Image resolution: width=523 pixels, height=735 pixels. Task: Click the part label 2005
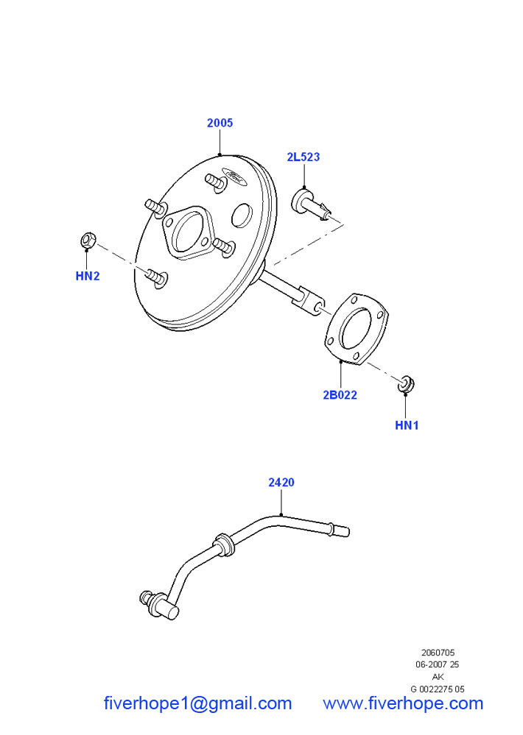click(x=220, y=123)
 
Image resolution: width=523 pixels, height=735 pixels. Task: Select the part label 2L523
click(x=303, y=157)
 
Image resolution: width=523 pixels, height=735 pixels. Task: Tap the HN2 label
click(x=87, y=277)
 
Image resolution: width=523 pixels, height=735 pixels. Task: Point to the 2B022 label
click(x=340, y=394)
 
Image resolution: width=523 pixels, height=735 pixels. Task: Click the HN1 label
click(x=407, y=425)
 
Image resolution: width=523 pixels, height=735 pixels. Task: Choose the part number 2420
click(x=281, y=483)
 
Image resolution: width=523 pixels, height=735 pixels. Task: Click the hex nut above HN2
click(x=86, y=240)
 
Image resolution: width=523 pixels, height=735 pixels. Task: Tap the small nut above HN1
click(x=405, y=383)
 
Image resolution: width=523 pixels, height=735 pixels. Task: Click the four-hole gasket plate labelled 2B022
click(x=359, y=328)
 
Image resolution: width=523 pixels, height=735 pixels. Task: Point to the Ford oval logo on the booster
click(x=236, y=177)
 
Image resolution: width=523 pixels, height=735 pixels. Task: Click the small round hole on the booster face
click(x=242, y=216)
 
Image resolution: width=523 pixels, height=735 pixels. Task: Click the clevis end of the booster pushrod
click(x=313, y=303)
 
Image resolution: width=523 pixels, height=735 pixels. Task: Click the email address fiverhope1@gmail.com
click(x=197, y=703)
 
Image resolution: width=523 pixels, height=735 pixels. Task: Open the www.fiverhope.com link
click(x=403, y=703)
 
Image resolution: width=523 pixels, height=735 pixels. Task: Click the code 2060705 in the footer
click(x=438, y=653)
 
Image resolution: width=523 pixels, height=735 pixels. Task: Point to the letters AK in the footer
click(x=438, y=677)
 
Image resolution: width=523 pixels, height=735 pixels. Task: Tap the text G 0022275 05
click(x=438, y=689)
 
